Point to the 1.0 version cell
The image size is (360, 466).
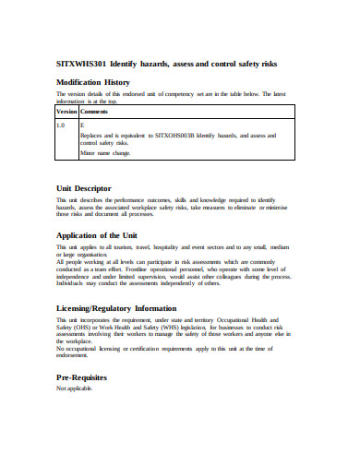61,124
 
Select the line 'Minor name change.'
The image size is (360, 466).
105,153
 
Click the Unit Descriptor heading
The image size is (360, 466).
84,188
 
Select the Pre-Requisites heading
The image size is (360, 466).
82,378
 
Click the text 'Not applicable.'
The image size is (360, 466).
75,388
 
